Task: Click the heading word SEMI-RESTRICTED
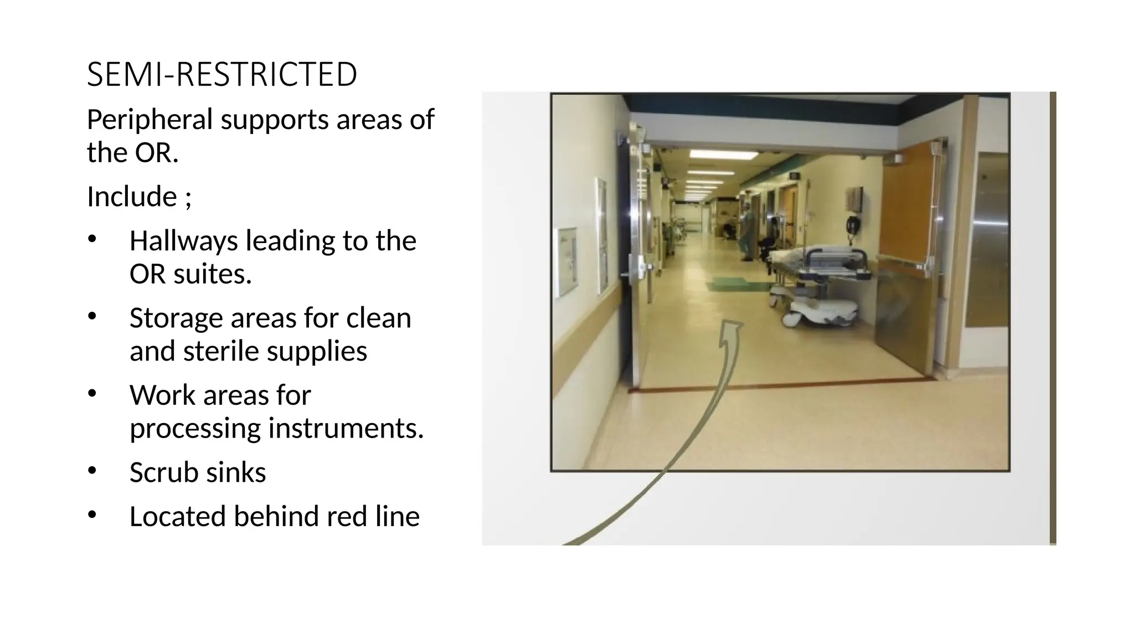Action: coord(221,75)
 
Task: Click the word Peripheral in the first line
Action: coord(150,120)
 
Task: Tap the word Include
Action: coord(132,197)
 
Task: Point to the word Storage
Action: coord(176,318)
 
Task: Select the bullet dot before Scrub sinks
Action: coord(92,471)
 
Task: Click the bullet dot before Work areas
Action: coord(92,393)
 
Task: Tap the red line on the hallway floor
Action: coord(775,384)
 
